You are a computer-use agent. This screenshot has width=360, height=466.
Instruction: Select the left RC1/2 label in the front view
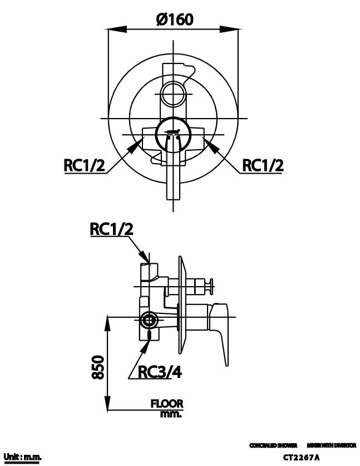point(84,165)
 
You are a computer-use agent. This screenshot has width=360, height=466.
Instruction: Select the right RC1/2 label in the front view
point(263,165)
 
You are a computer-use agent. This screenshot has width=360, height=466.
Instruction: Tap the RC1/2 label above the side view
point(112,229)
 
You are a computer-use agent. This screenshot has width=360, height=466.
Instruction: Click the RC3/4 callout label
point(160,372)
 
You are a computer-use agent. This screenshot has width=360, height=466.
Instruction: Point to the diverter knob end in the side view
point(211,287)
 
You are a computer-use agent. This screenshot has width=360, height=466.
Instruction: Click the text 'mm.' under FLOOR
point(170,414)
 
